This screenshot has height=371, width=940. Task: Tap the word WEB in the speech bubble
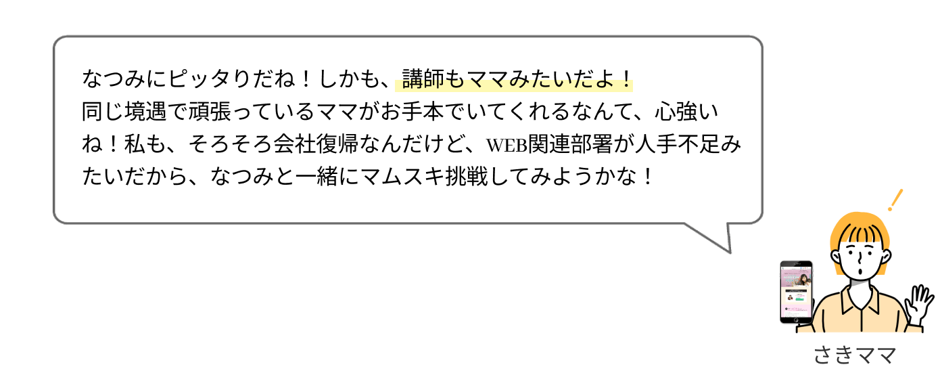pyautogui.click(x=507, y=145)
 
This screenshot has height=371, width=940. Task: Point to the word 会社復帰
pyautogui.click(x=316, y=144)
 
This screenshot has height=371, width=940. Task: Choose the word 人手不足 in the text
pyautogui.click(x=677, y=144)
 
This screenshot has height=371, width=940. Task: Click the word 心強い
pyautogui.click(x=687, y=112)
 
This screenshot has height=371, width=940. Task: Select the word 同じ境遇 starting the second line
pyautogui.click(x=124, y=112)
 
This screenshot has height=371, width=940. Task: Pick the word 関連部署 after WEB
pyautogui.click(x=570, y=144)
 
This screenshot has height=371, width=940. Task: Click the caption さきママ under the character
pyautogui.click(x=855, y=355)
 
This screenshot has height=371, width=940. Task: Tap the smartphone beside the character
pyautogui.click(x=796, y=292)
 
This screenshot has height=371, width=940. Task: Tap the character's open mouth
pyautogui.click(x=860, y=271)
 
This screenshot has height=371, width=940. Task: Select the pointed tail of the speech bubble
pyautogui.click(x=730, y=252)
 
